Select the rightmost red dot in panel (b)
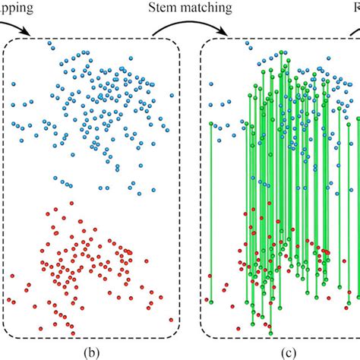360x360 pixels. pyautogui.click(x=172, y=320)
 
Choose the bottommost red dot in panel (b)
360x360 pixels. pyautogui.click(x=71, y=332)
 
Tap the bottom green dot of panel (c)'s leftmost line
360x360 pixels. pyautogui.click(x=211, y=302)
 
